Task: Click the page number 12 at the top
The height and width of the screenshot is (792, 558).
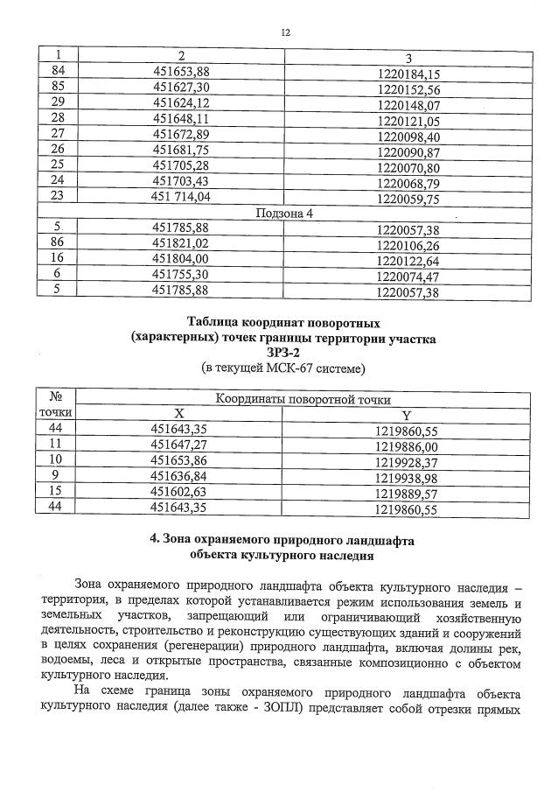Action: point(285,32)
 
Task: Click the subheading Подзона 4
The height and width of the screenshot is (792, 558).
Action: point(283,213)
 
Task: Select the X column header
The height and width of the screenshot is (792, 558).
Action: point(179,412)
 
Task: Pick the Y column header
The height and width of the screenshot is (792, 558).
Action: point(406,414)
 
